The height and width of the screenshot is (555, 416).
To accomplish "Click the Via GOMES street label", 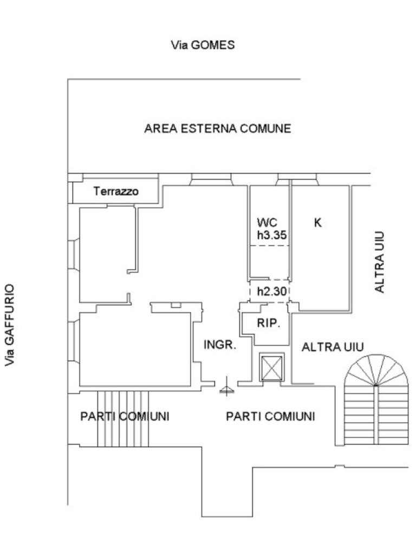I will tap(203, 46).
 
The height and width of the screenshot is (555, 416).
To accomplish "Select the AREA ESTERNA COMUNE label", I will tap(218, 129).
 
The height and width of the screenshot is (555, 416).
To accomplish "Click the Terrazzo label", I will tap(116, 191).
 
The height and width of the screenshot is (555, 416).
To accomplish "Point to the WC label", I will tap(267, 222).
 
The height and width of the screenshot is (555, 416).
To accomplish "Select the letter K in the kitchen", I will tap(318, 222).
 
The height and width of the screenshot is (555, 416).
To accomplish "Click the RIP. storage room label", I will tap(268, 324).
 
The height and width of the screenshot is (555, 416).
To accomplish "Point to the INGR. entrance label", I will tap(220, 345).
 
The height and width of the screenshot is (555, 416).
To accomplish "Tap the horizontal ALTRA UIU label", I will tap(333, 347).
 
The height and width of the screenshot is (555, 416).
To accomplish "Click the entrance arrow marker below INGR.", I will tap(227, 389).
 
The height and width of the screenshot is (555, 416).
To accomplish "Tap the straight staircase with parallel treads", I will tap(123, 418).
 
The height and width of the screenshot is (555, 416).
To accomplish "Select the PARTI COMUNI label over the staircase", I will tap(125, 416).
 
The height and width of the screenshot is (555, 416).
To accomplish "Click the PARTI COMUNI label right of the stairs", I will tap(270, 416).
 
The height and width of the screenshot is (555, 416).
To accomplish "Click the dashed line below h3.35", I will tap(269, 246).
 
